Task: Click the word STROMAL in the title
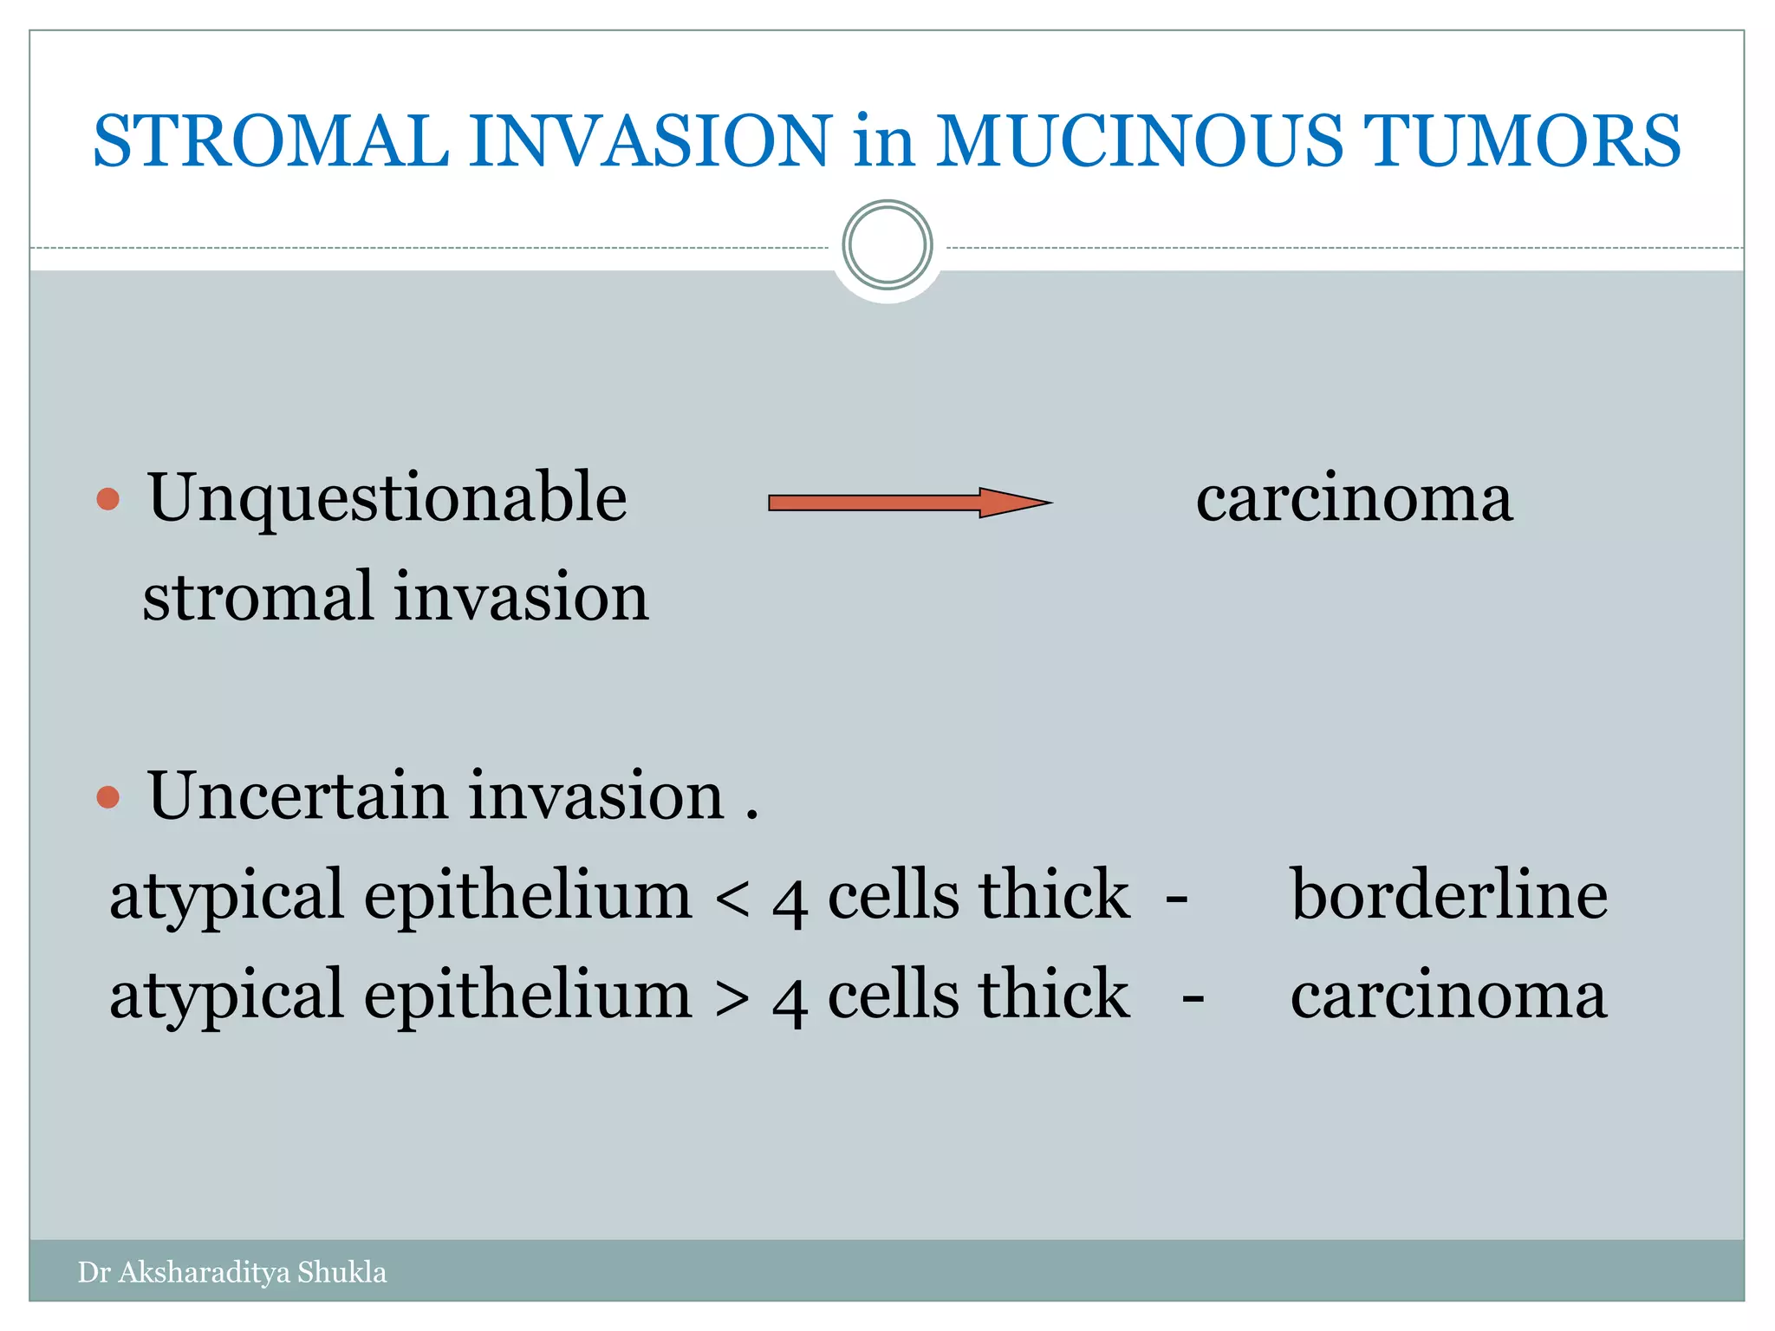click(270, 141)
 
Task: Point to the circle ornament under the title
click(887, 245)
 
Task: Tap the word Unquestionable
click(387, 499)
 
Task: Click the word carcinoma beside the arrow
click(1354, 501)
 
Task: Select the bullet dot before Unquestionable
click(108, 499)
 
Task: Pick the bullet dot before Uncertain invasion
click(108, 796)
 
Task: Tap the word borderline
click(1448, 895)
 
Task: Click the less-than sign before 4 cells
click(733, 898)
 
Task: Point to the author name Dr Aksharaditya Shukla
click(232, 1272)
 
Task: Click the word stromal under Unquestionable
click(257, 598)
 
